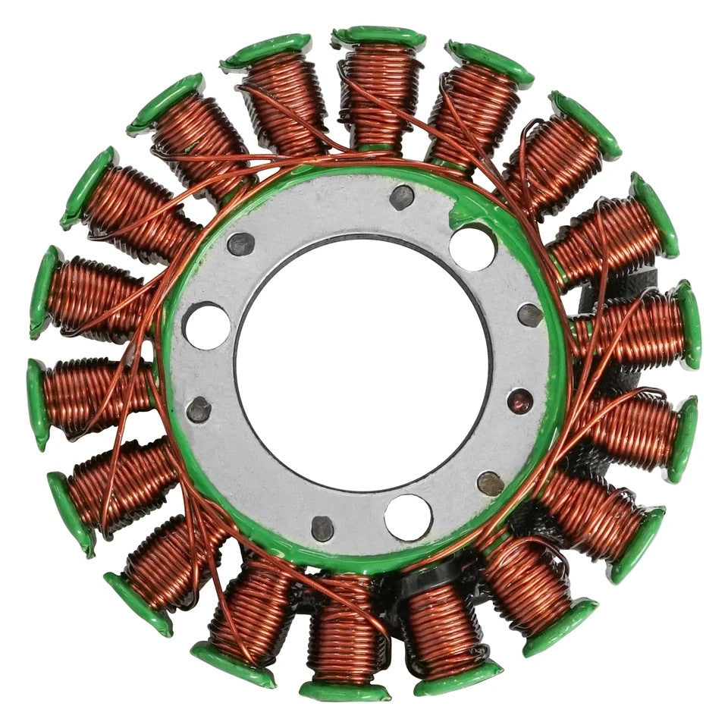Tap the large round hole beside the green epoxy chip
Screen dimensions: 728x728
coord(472,247)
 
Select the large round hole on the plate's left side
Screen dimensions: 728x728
coord(207,325)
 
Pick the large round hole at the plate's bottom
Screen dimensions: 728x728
coord(407,517)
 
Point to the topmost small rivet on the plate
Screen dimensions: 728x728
coord(401,197)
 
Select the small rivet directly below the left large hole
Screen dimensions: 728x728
coord(199,409)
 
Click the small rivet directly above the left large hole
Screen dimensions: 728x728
coord(241,243)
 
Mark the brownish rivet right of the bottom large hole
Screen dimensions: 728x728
coord(490,482)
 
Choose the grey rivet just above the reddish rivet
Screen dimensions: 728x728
coord(529,315)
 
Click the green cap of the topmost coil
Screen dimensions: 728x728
coord(379,36)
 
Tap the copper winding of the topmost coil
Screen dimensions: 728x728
coord(379,91)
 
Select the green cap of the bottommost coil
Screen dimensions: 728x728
coord(344,691)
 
